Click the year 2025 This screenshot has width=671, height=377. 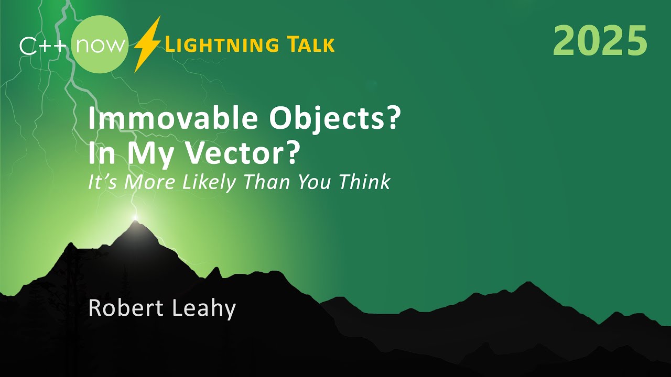(600, 41)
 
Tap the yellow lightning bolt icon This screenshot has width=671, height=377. (146, 45)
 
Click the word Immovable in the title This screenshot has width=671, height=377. (171, 120)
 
